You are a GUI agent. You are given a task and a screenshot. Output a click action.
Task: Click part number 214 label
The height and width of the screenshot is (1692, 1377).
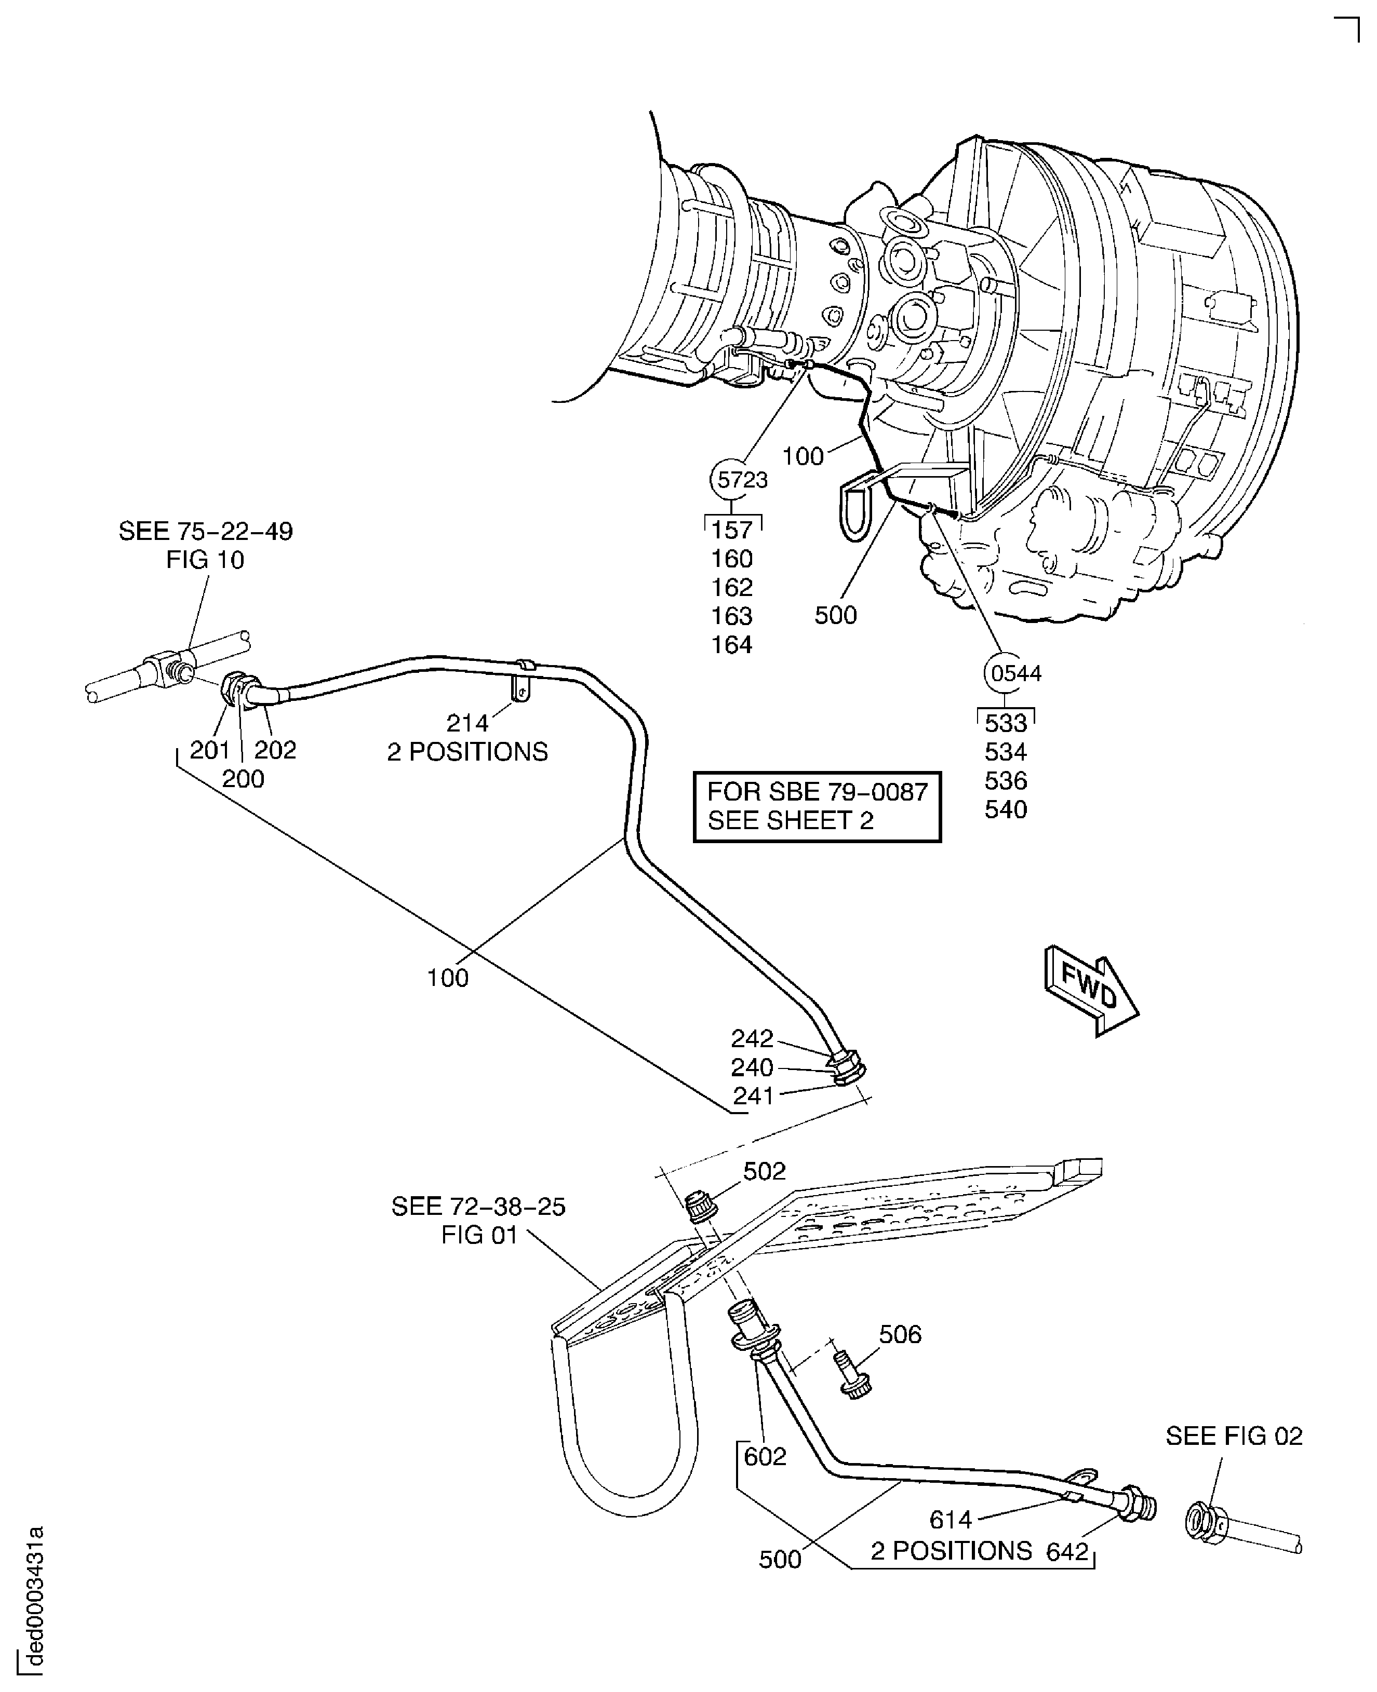coord(467,723)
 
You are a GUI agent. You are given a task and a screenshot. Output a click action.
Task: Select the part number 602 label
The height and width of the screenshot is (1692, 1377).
coord(765,1456)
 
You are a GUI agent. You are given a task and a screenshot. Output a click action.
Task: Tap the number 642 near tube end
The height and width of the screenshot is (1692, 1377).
coord(1067,1551)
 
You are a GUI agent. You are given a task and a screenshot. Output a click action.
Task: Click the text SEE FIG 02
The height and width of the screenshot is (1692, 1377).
coord(1234,1436)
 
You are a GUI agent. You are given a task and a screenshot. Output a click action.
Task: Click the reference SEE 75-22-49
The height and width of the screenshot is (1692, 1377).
coord(206,531)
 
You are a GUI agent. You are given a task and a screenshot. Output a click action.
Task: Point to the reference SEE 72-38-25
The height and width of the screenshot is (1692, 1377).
coord(478,1207)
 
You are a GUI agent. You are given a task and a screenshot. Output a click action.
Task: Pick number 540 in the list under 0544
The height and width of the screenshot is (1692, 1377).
coord(1006,809)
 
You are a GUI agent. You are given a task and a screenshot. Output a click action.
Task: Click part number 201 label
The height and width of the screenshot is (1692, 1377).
coord(209,750)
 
